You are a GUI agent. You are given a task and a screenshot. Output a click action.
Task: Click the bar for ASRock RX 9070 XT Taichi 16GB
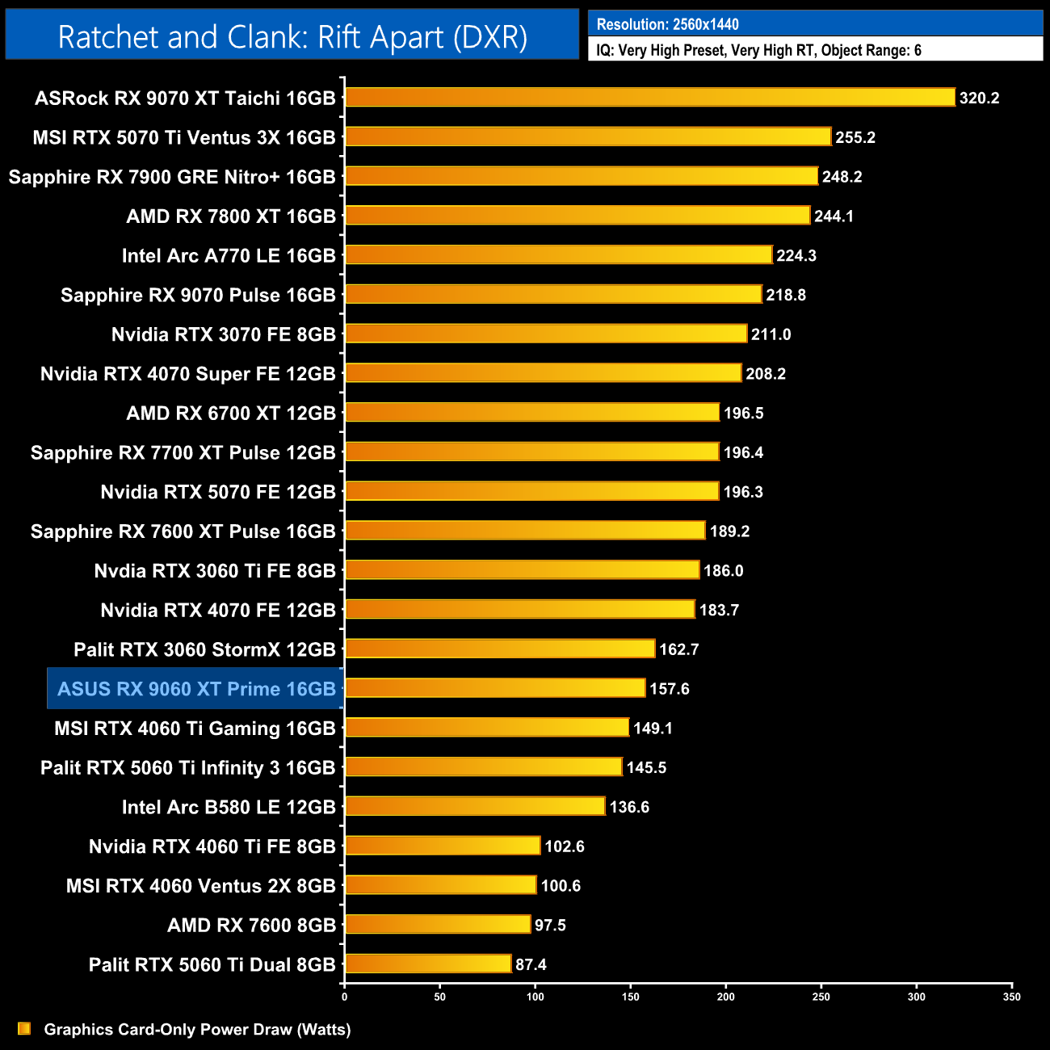pyautogui.click(x=650, y=98)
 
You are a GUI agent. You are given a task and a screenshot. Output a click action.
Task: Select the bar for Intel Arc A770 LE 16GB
pyautogui.click(x=559, y=255)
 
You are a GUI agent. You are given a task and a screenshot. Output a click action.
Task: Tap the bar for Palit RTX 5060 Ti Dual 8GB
pyautogui.click(x=428, y=964)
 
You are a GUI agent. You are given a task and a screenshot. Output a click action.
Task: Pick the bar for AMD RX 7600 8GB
pyautogui.click(x=438, y=925)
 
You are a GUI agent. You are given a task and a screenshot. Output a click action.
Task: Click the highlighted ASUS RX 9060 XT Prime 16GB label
pyautogui.click(x=196, y=689)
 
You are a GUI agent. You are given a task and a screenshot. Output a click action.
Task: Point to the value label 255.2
pyautogui.click(x=855, y=137)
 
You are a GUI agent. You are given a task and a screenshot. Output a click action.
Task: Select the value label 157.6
pyautogui.click(x=670, y=689)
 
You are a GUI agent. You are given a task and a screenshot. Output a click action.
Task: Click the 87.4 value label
pyautogui.click(x=531, y=964)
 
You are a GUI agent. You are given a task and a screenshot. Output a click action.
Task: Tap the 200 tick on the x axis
pyautogui.click(x=726, y=997)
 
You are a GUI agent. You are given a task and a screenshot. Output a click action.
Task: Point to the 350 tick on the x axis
pyautogui.click(x=1012, y=997)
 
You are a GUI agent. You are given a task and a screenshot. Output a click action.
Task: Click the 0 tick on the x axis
pyautogui.click(x=345, y=997)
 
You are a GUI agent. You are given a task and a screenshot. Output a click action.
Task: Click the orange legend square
pyautogui.click(x=24, y=1029)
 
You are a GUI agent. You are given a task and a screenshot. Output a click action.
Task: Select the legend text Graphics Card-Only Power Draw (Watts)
pyautogui.click(x=197, y=1030)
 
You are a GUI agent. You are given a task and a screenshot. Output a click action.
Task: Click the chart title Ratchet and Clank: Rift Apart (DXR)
pyautogui.click(x=292, y=37)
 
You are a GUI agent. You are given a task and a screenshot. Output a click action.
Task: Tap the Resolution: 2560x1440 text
pyautogui.click(x=668, y=24)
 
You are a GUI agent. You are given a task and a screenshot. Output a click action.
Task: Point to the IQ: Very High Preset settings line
pyautogui.click(x=758, y=50)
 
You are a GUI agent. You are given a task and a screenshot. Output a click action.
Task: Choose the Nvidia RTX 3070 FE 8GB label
pyautogui.click(x=223, y=334)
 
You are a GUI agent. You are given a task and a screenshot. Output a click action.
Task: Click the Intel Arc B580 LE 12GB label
pyautogui.click(x=229, y=807)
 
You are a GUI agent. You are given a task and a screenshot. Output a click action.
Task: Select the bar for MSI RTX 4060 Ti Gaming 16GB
pyautogui.click(x=487, y=728)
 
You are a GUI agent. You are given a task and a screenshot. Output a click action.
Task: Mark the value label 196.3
pyautogui.click(x=743, y=492)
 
